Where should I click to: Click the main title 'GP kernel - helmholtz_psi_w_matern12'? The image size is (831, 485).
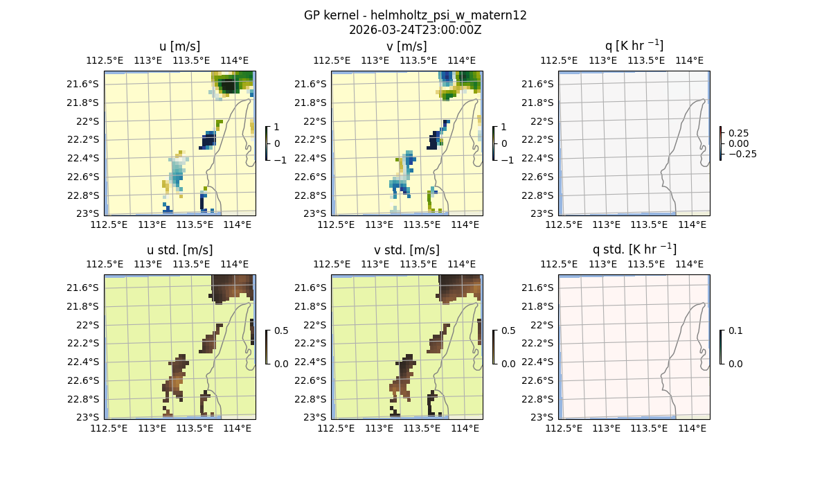click(415, 15)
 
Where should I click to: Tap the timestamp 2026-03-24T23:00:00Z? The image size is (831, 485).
click(415, 30)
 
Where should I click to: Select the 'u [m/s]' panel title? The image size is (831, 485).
click(179, 46)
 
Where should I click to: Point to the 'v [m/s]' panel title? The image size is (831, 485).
click(406, 46)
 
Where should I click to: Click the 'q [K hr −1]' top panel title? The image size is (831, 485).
click(634, 46)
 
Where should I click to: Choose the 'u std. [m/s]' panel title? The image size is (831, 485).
click(179, 250)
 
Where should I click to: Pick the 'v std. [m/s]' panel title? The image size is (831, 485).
click(406, 250)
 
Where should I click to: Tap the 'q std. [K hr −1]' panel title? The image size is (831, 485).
click(634, 249)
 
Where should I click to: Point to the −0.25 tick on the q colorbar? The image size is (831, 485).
click(742, 154)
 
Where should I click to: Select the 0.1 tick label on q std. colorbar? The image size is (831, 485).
click(735, 330)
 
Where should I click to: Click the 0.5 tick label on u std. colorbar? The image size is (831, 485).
click(281, 330)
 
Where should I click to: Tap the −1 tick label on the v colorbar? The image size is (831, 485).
click(507, 160)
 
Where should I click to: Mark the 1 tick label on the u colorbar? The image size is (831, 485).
click(277, 127)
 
